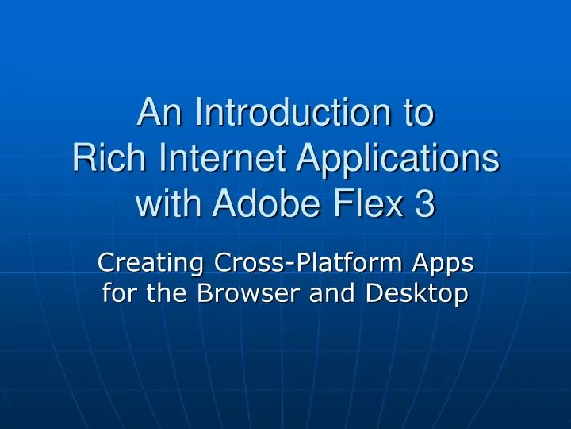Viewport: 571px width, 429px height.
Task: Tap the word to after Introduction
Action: pyautogui.click(x=420, y=114)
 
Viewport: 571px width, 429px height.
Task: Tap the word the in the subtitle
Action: pyautogui.click(x=167, y=294)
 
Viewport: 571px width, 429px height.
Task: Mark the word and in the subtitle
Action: pyautogui.click(x=332, y=294)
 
